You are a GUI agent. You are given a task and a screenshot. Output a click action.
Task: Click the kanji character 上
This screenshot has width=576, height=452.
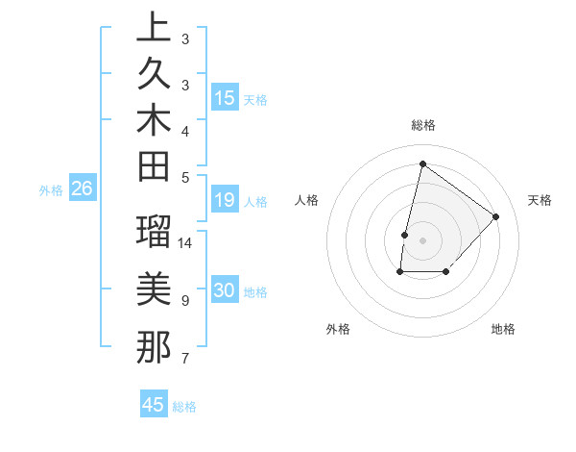pos(154,28)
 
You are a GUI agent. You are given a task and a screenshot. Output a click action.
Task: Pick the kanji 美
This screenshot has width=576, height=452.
pos(154,289)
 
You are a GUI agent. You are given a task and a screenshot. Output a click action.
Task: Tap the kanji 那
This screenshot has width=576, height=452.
pos(154,346)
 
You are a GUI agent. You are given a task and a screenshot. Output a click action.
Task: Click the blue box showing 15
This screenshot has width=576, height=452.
pos(225,98)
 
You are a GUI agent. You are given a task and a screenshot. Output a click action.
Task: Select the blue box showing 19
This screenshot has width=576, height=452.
pos(225,200)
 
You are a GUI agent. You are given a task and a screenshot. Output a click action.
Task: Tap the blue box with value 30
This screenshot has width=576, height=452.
pos(225,291)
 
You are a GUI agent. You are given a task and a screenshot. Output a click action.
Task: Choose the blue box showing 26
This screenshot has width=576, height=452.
pos(82,189)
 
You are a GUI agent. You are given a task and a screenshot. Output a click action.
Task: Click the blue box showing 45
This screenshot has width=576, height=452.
pos(154,405)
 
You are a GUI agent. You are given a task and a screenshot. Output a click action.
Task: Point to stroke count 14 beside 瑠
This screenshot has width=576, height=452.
pos(185,242)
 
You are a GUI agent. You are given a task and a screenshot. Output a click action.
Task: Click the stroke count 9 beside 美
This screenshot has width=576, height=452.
pos(184,301)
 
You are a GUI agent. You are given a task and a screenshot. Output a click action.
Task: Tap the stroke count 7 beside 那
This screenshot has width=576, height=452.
pos(184,359)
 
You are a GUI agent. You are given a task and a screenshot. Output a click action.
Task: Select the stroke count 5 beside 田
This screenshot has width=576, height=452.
pos(184,176)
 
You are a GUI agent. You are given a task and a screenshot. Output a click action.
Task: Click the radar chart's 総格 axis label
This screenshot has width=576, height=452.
pos(422,125)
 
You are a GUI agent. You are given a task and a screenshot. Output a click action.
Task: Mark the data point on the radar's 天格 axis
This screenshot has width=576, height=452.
pos(495,216)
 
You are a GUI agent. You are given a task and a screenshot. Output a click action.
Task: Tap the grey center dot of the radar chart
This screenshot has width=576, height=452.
pos(422,239)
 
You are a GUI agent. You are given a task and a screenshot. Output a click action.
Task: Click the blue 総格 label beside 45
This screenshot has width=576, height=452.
pos(184,407)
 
